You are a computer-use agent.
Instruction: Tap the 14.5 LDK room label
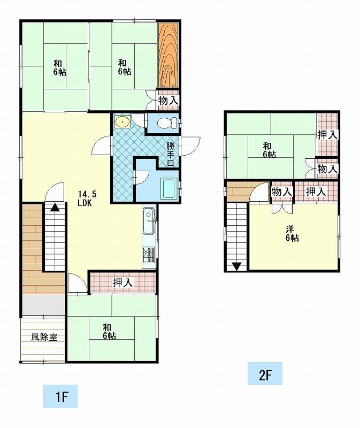pyautogui.click(x=87, y=198)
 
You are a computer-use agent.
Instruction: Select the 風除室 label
pyautogui.click(x=44, y=337)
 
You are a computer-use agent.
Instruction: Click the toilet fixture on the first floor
pyautogui.click(x=167, y=123)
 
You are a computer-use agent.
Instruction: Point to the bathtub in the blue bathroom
pyautogui.click(x=169, y=188)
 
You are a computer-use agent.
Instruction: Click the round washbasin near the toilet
pyautogui.click(x=122, y=122)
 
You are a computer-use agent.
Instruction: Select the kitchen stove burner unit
pyautogui.click(x=149, y=255)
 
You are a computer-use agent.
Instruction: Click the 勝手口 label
pyautogui.click(x=171, y=154)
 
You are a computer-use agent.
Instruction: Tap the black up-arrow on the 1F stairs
pyautogui.click(x=55, y=208)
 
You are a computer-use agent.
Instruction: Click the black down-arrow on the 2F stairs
pyautogui.click(x=236, y=266)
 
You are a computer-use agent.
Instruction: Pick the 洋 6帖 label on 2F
pyautogui.click(x=292, y=234)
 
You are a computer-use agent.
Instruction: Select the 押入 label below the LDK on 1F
pyautogui.click(x=122, y=283)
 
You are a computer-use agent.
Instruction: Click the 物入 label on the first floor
pyautogui.click(x=168, y=101)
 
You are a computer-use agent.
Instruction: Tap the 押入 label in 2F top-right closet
pyautogui.click(x=327, y=135)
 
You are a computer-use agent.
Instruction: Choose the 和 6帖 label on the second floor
pyautogui.click(x=270, y=150)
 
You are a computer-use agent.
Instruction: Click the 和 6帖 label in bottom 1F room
pyautogui.click(x=110, y=331)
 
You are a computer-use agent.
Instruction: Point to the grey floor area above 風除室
pyautogui.click(x=44, y=305)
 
